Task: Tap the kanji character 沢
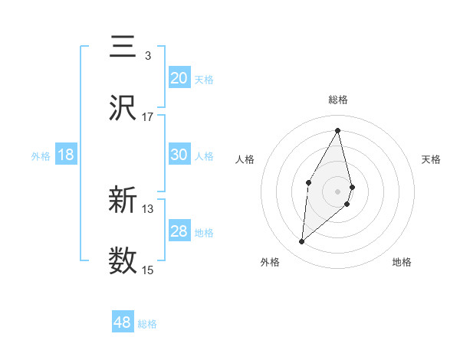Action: click(123, 109)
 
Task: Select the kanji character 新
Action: click(123, 201)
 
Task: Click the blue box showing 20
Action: click(179, 78)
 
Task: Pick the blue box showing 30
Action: click(179, 155)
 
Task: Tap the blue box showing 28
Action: click(179, 231)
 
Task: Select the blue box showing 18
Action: click(66, 155)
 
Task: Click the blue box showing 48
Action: click(123, 322)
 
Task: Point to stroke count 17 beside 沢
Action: click(148, 116)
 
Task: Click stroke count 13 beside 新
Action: click(148, 208)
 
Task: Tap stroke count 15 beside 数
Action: click(148, 270)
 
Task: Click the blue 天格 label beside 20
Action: click(204, 79)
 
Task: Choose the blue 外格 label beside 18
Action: click(41, 155)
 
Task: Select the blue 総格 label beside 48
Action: click(147, 324)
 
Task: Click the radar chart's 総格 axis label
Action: click(338, 100)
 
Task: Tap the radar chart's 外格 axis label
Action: click(269, 262)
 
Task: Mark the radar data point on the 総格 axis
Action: click(338, 129)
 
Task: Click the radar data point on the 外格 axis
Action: click(302, 242)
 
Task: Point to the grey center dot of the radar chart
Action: click(338, 191)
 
